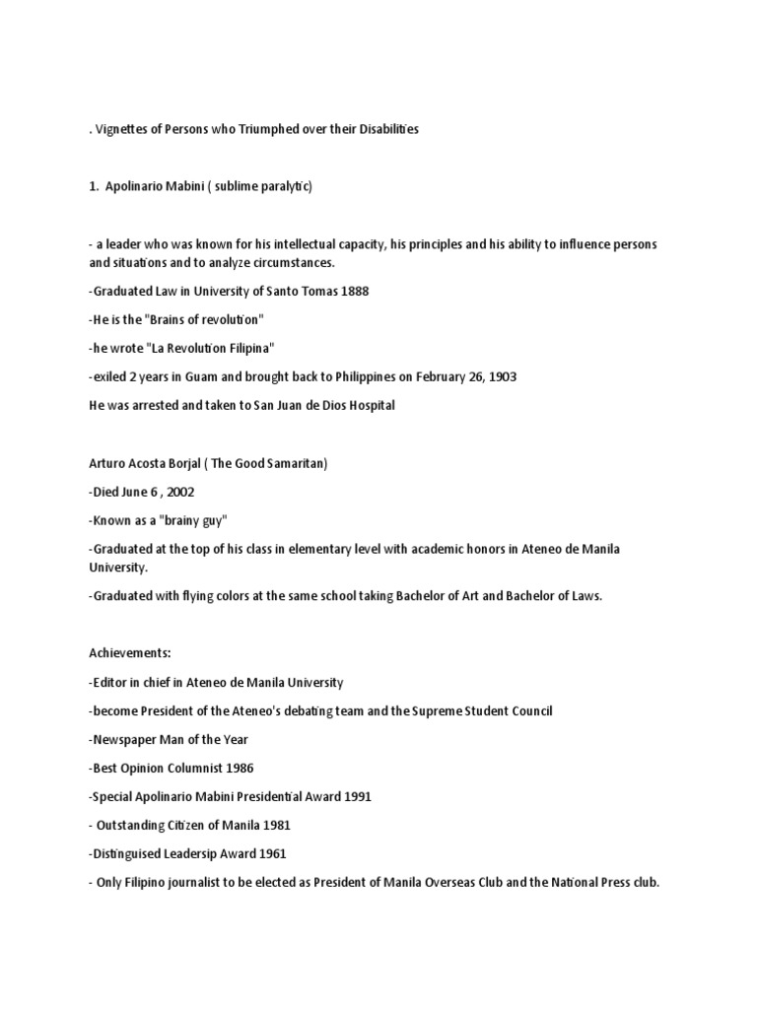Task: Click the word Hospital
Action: click(366, 405)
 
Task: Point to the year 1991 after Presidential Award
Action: click(354, 796)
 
